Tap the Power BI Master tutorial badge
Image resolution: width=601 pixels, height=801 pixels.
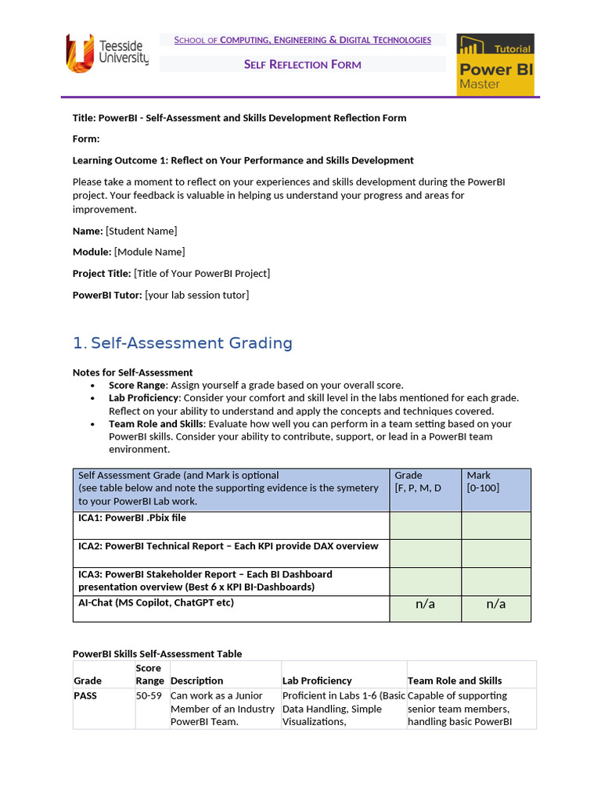[x=495, y=65]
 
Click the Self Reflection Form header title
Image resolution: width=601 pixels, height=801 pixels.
[x=302, y=64]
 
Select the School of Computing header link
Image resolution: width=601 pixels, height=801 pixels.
[x=302, y=40]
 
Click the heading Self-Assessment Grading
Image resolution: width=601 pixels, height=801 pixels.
[x=191, y=343]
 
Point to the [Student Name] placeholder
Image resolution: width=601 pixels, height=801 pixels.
[x=142, y=231]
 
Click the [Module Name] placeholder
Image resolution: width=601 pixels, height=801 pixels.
[x=149, y=252]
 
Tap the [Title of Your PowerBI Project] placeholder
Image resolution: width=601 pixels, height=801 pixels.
[x=202, y=273]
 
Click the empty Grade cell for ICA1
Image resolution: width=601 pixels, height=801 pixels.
[x=425, y=526]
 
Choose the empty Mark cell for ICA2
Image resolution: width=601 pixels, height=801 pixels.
[x=496, y=553]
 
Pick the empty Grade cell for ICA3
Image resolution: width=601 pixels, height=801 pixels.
[x=425, y=581]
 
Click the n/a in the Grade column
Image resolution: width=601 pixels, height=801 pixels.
[x=425, y=604]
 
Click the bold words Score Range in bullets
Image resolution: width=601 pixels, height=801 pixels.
[x=137, y=385]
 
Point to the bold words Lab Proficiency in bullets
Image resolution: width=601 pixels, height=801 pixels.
[x=142, y=397]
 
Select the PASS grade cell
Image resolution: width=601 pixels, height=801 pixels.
[x=85, y=695]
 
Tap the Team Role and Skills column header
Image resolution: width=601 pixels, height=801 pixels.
[x=455, y=681]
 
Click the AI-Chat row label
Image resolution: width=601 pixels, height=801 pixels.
[x=156, y=602]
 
